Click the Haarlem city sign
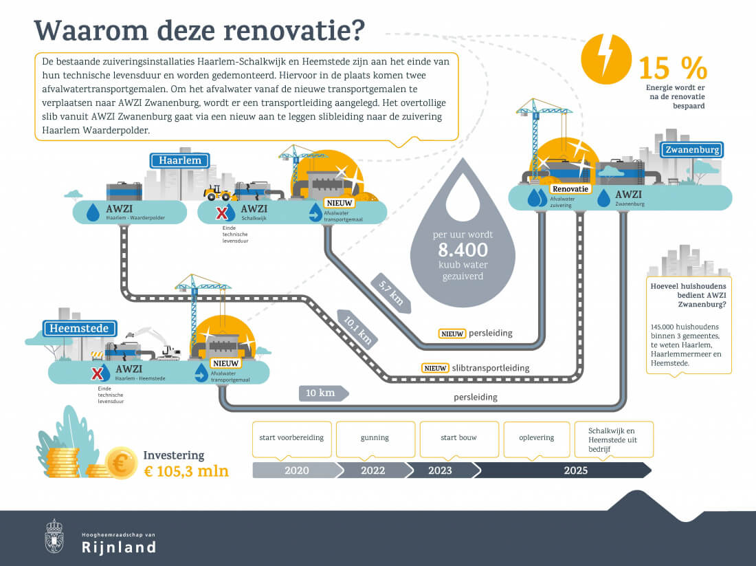click(179, 161)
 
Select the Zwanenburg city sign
click(691, 150)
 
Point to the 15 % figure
click(672, 68)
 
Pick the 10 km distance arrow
click(323, 393)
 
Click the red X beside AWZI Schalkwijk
click(222, 213)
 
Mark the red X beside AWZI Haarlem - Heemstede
click(98, 373)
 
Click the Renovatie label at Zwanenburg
click(570, 188)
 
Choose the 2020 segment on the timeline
click(296, 470)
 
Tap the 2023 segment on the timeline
click(440, 470)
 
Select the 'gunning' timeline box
click(375, 438)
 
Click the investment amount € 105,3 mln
click(186, 471)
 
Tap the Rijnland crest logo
click(54, 536)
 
